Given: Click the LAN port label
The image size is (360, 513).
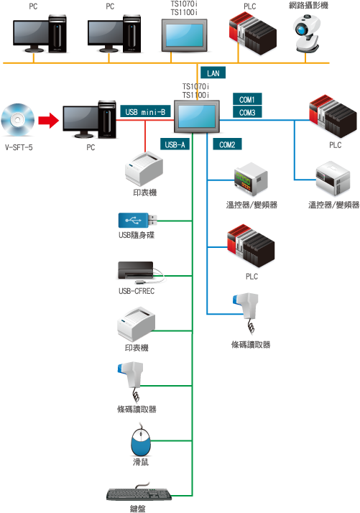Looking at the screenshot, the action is pyautogui.click(x=213, y=73).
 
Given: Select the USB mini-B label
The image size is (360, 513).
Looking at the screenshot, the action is pyautogui.click(x=145, y=111).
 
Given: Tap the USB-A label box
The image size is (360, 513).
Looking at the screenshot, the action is pyautogui.click(x=175, y=144).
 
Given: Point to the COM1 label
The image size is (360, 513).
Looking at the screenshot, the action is pyautogui.click(x=247, y=99).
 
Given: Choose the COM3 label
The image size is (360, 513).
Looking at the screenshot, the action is pyautogui.click(x=247, y=112).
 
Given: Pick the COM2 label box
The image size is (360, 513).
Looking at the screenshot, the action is pyautogui.click(x=227, y=144).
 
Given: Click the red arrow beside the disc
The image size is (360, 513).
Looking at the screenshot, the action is pyautogui.click(x=48, y=120).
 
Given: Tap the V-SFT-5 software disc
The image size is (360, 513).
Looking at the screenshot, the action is pyautogui.click(x=18, y=120).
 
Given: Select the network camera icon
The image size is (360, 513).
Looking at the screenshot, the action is pyautogui.click(x=306, y=34).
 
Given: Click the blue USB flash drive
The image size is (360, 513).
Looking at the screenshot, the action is pyautogui.click(x=137, y=220).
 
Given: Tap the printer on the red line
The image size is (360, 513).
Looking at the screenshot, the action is pyautogui.click(x=144, y=169).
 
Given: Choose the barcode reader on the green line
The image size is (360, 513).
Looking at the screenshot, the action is pyautogui.click(x=131, y=381).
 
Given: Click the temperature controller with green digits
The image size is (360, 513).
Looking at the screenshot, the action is pyautogui.click(x=251, y=180).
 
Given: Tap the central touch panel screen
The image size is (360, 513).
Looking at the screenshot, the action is pyautogui.click(x=197, y=116).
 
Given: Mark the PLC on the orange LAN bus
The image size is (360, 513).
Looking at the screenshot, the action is pyautogui.click(x=252, y=33).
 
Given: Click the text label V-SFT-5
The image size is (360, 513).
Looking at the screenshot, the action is pyautogui.click(x=19, y=147).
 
